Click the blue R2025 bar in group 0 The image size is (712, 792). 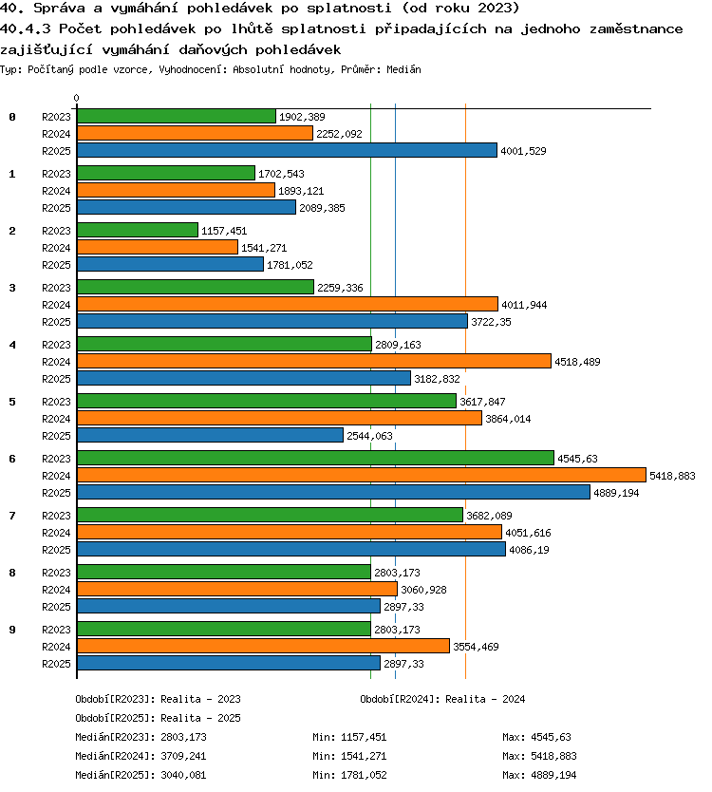pyautogui.click(x=287, y=151)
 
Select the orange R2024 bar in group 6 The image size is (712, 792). pyautogui.click(x=362, y=476)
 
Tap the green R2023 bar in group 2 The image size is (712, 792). pyautogui.click(x=138, y=231)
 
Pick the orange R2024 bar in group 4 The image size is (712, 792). pyautogui.click(x=314, y=361)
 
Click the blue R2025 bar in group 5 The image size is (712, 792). pyautogui.click(x=210, y=435)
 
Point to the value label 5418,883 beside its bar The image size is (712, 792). pyautogui.click(x=672, y=476)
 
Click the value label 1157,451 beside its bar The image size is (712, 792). pyautogui.click(x=224, y=231)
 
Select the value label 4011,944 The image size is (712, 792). pyautogui.click(x=524, y=305)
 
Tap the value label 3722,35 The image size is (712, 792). pyautogui.click(x=491, y=322)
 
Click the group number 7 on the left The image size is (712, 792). pyautogui.click(x=12, y=516)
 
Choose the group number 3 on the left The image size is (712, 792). pyautogui.click(x=12, y=288)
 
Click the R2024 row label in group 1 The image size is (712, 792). pyautogui.click(x=56, y=191)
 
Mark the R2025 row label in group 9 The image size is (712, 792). pyautogui.click(x=56, y=664)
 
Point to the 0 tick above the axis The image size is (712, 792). pyautogui.click(x=76, y=98)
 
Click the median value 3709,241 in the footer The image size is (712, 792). pyautogui.click(x=183, y=756)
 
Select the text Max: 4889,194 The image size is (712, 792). pyautogui.click(x=539, y=775)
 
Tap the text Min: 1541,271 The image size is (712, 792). pyautogui.click(x=349, y=756)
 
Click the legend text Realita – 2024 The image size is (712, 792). pyautogui.click(x=485, y=699)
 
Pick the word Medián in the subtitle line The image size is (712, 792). pyautogui.click(x=403, y=69)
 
